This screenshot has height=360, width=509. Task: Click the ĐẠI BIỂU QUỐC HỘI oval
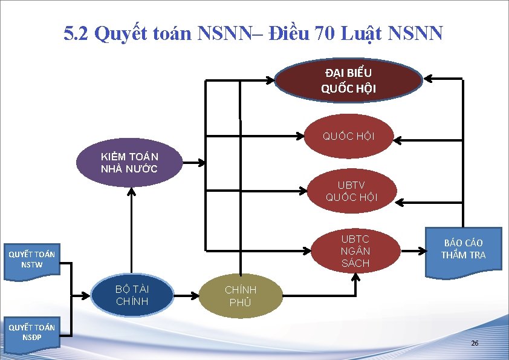tap(349, 81)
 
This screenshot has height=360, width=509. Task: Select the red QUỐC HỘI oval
tap(349, 136)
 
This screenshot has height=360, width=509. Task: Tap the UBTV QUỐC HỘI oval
tap(351, 191)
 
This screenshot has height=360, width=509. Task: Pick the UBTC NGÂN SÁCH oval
tap(355, 250)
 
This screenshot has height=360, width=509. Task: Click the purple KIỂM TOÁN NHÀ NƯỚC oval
tap(129, 163)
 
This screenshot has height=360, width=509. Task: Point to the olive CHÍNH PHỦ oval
tap(241, 296)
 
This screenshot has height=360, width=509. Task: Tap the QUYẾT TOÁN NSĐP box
tap(31, 332)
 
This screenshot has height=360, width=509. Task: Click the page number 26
tap(475, 344)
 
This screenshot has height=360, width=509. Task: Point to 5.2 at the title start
tap(77, 33)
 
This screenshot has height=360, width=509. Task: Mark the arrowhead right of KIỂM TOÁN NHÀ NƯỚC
tap(199, 163)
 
